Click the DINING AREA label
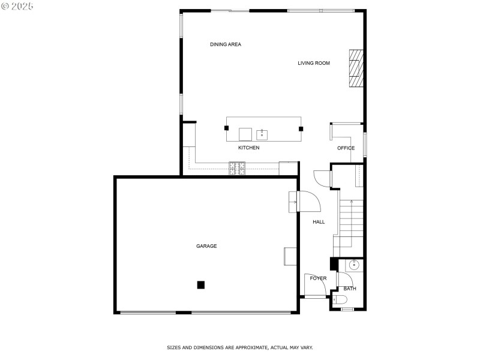point(226,44)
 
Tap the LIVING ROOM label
point(314,63)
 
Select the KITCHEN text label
point(248,148)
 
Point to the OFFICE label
point(346,148)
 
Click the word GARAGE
point(206,246)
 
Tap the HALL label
point(319,222)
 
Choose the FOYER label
point(318,278)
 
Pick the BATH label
point(350,289)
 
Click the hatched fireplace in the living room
point(356,68)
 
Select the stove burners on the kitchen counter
point(237,169)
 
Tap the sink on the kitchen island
point(262,134)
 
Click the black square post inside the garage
point(202,285)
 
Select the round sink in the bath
point(354,264)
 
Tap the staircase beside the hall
point(350,222)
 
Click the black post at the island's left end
point(227,128)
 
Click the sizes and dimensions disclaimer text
point(239,347)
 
